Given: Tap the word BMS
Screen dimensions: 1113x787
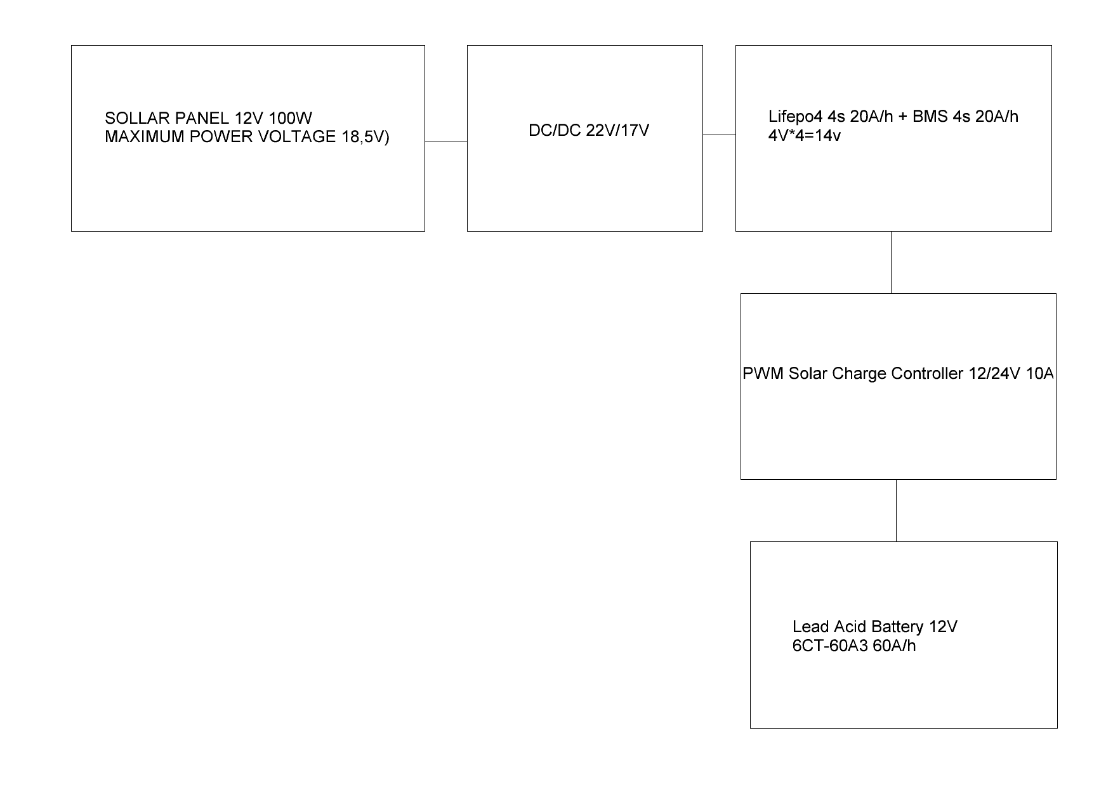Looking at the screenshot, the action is pyautogui.click(x=926, y=116).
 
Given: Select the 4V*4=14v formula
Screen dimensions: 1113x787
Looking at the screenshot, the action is pyautogui.click(x=805, y=135).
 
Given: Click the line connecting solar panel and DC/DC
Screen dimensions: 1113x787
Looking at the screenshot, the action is pyautogui.click(x=446, y=142).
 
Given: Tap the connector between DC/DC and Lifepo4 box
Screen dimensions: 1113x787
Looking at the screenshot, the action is pyautogui.click(x=719, y=135).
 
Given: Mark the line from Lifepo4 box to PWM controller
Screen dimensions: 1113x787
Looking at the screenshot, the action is pyautogui.click(x=891, y=262).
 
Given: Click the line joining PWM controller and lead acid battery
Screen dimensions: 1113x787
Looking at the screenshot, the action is pyautogui.click(x=896, y=510).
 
